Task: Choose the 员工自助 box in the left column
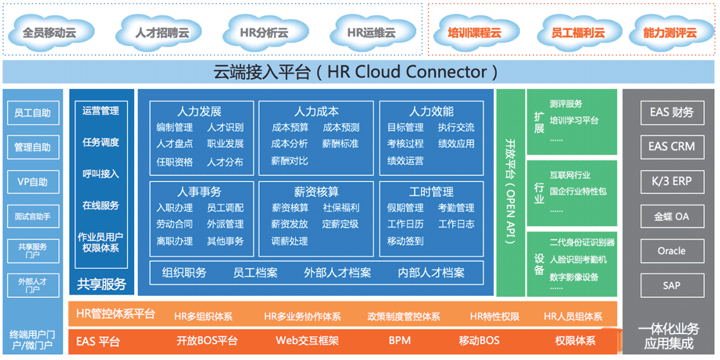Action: click(33, 113)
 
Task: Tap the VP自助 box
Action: click(33, 181)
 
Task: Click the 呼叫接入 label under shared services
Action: click(101, 174)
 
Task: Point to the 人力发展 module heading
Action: click(199, 112)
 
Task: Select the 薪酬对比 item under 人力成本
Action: click(289, 160)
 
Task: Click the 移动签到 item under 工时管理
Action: click(406, 241)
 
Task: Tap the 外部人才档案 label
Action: click(337, 272)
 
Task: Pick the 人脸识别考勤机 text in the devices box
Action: click(578, 260)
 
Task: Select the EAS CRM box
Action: click(671, 146)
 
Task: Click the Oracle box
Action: click(671, 251)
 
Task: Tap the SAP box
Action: click(671, 285)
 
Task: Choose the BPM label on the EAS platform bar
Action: click(400, 341)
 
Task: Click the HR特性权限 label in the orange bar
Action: click(494, 316)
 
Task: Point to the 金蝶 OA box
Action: click(671, 216)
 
